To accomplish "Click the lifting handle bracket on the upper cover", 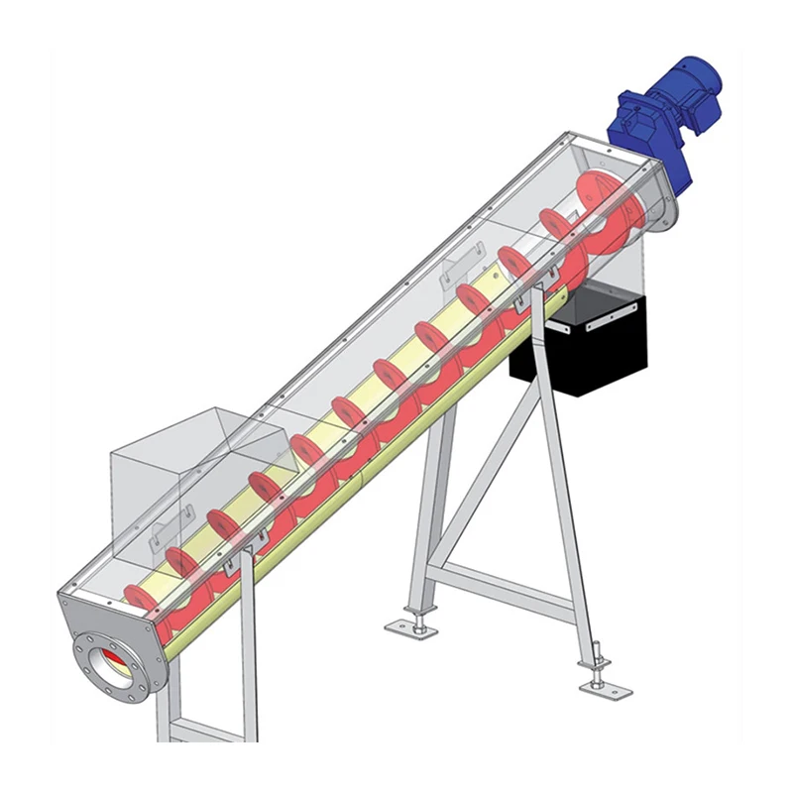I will click(x=459, y=263).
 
